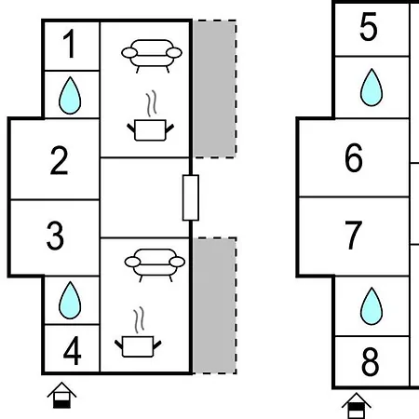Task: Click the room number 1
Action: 69,44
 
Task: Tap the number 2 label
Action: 59,160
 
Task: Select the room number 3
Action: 55,236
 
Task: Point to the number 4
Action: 72,351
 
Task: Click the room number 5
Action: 369,27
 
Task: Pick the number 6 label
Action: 354,157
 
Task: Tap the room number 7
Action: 354,235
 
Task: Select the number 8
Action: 370,361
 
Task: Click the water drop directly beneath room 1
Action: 70,96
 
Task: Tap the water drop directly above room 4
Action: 70,301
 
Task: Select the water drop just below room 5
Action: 372,88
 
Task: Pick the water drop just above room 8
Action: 372,306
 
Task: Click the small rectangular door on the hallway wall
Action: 191,198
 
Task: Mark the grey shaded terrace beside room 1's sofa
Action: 214,89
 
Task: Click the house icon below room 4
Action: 61,395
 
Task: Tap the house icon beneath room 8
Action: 357,406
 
